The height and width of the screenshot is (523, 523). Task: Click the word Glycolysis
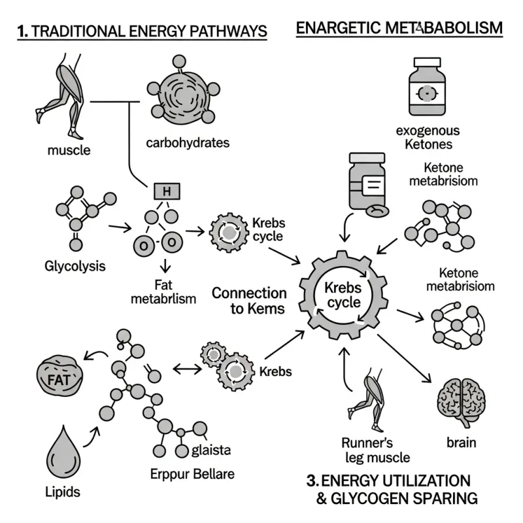pyautogui.click(x=75, y=267)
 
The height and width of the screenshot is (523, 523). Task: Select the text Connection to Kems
pyautogui.click(x=248, y=301)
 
